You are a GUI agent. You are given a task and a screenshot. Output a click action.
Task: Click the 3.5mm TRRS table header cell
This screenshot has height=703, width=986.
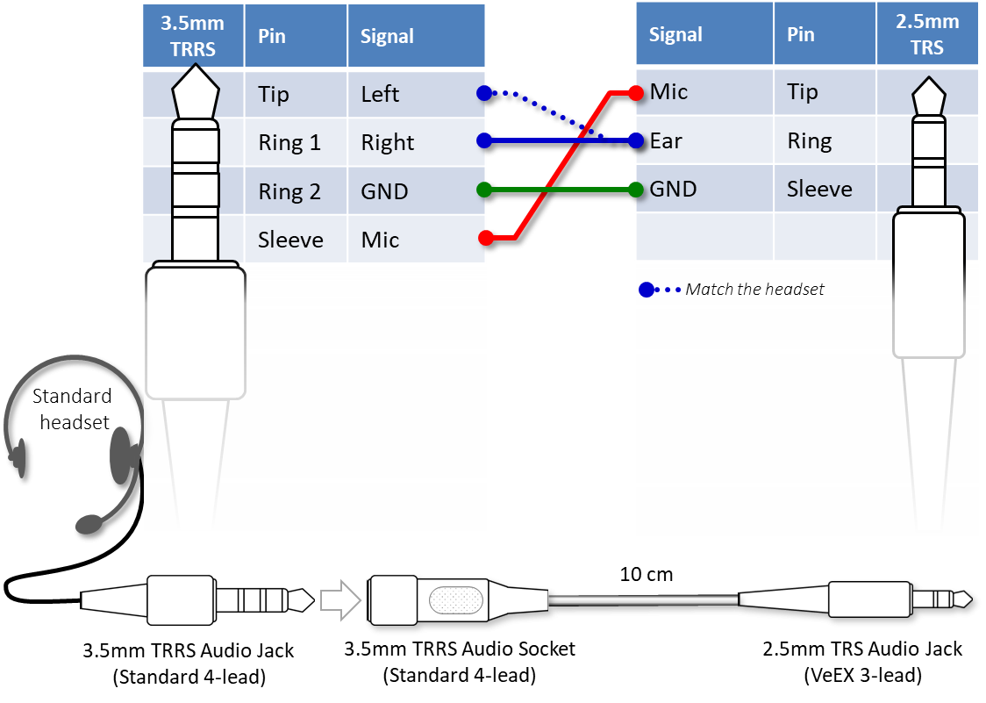click(193, 36)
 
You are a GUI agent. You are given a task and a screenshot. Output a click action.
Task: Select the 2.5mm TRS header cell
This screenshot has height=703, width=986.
click(926, 35)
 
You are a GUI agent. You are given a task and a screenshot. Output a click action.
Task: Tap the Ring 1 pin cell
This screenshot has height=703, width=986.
click(289, 142)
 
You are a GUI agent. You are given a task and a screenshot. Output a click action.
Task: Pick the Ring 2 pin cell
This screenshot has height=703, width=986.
click(289, 191)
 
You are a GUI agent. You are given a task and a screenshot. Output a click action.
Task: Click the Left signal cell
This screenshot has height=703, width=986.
click(380, 93)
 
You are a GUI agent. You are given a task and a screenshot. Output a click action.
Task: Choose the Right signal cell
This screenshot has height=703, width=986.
click(387, 142)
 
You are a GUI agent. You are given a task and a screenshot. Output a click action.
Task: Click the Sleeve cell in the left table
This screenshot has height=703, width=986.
click(290, 240)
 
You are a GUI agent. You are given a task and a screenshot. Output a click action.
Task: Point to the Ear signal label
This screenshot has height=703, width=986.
click(666, 140)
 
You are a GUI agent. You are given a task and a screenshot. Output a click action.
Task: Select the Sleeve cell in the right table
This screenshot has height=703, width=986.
click(818, 189)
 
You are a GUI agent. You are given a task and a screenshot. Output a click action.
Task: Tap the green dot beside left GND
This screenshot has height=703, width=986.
click(483, 190)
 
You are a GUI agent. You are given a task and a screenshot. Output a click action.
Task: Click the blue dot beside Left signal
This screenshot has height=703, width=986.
click(483, 93)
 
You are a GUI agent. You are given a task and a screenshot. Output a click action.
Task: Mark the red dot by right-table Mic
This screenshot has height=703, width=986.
click(635, 92)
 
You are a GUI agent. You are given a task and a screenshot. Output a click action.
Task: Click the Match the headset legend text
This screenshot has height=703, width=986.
click(754, 289)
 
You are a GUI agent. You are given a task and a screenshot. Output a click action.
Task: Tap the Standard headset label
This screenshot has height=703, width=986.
click(71, 409)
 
